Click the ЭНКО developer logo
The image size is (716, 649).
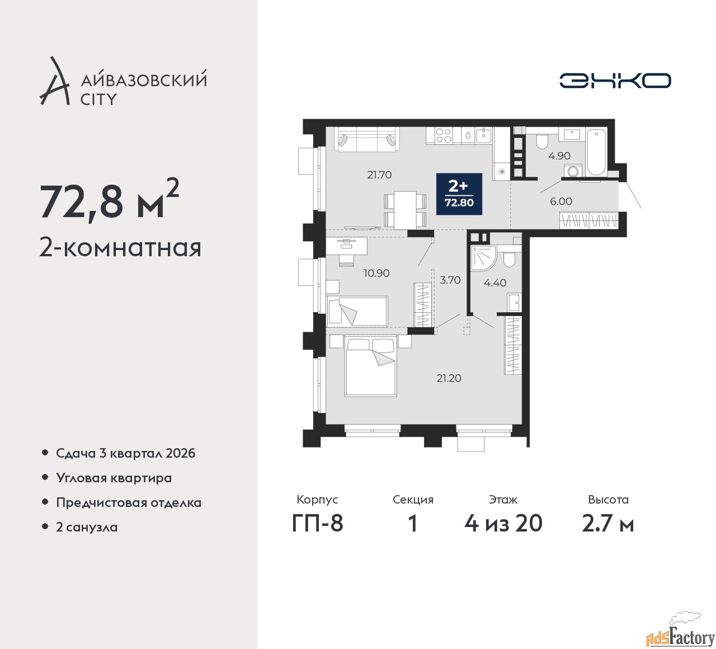click(615, 81)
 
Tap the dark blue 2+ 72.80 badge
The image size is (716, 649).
click(459, 194)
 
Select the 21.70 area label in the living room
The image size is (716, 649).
click(379, 175)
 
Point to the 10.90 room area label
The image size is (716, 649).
click(376, 273)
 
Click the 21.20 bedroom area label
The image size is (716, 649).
click(449, 378)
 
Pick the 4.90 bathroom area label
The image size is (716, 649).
click(560, 156)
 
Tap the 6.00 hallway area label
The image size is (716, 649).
click(561, 201)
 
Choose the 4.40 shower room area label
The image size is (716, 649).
click(495, 283)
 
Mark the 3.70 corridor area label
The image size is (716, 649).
click(450, 280)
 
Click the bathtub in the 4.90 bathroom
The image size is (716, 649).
click(596, 152)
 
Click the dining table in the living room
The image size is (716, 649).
click(405, 210)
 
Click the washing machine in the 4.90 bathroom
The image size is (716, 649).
click(573, 171)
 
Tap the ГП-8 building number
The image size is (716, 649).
click(317, 524)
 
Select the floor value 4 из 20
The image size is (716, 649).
click(503, 524)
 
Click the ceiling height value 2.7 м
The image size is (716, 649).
click(608, 524)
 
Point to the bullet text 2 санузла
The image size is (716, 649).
click(87, 527)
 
